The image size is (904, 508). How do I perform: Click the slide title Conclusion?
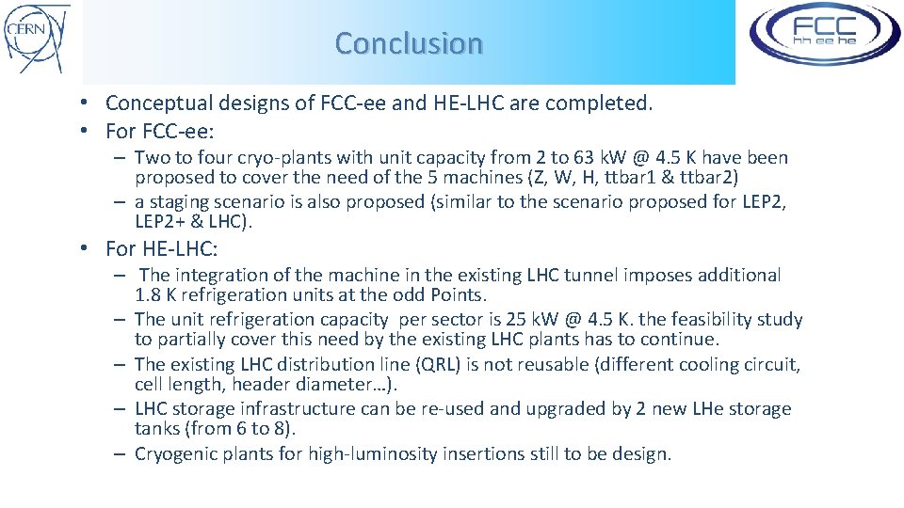pyautogui.click(x=409, y=43)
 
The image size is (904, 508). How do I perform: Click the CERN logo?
pyautogui.click(x=37, y=38)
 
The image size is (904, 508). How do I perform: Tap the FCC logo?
pyautogui.click(x=824, y=35)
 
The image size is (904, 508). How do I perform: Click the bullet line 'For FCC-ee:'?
pyautogui.click(x=160, y=131)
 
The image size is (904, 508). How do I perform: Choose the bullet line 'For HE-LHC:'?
pyautogui.click(x=163, y=248)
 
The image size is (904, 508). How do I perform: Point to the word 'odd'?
pyautogui.click(x=389, y=295)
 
